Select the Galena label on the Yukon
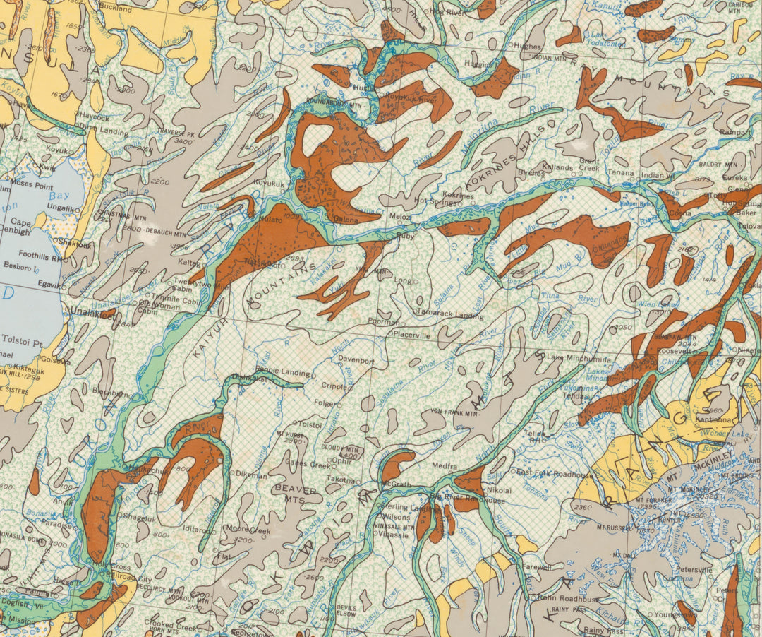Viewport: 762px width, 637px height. click(345, 220)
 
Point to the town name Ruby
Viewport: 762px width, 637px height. click(405, 236)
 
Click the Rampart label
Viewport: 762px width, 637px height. click(734, 131)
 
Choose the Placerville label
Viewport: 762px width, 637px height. click(412, 335)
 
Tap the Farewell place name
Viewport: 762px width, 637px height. click(536, 566)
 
